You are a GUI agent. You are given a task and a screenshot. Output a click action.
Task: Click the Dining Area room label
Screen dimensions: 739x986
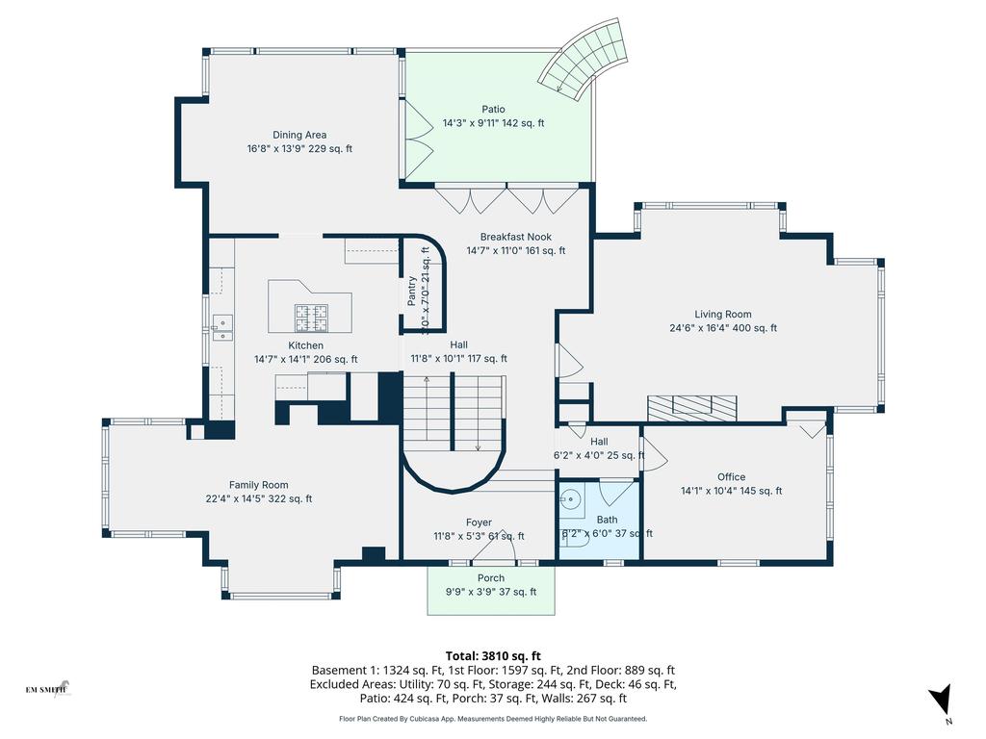point(299,135)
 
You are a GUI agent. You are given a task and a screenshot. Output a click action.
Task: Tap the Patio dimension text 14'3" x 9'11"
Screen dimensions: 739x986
point(493,123)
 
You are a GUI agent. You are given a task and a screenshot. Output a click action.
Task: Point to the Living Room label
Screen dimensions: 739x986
point(722,314)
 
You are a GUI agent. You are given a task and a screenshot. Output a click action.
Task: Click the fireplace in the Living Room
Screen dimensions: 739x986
point(692,407)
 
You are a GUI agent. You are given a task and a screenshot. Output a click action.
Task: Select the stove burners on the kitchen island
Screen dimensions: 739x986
point(313,313)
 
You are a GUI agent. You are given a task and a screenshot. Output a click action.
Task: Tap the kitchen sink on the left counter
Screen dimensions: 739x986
point(221,328)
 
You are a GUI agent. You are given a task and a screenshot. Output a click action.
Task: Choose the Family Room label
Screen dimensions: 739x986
point(258,485)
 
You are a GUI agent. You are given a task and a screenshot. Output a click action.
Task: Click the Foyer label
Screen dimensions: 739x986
point(479,522)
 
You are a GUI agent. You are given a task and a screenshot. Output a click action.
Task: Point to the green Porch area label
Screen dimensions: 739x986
point(490,578)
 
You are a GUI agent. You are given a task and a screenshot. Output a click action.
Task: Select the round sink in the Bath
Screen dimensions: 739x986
point(570,500)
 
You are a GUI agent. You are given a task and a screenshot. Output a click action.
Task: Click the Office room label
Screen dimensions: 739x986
point(731,476)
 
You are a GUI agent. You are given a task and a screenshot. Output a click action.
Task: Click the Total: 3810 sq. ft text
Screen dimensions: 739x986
point(493,654)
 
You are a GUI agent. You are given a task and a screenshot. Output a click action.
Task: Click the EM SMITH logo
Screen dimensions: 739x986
point(46,689)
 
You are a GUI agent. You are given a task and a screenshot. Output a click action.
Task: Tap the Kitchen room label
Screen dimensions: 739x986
point(305,345)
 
